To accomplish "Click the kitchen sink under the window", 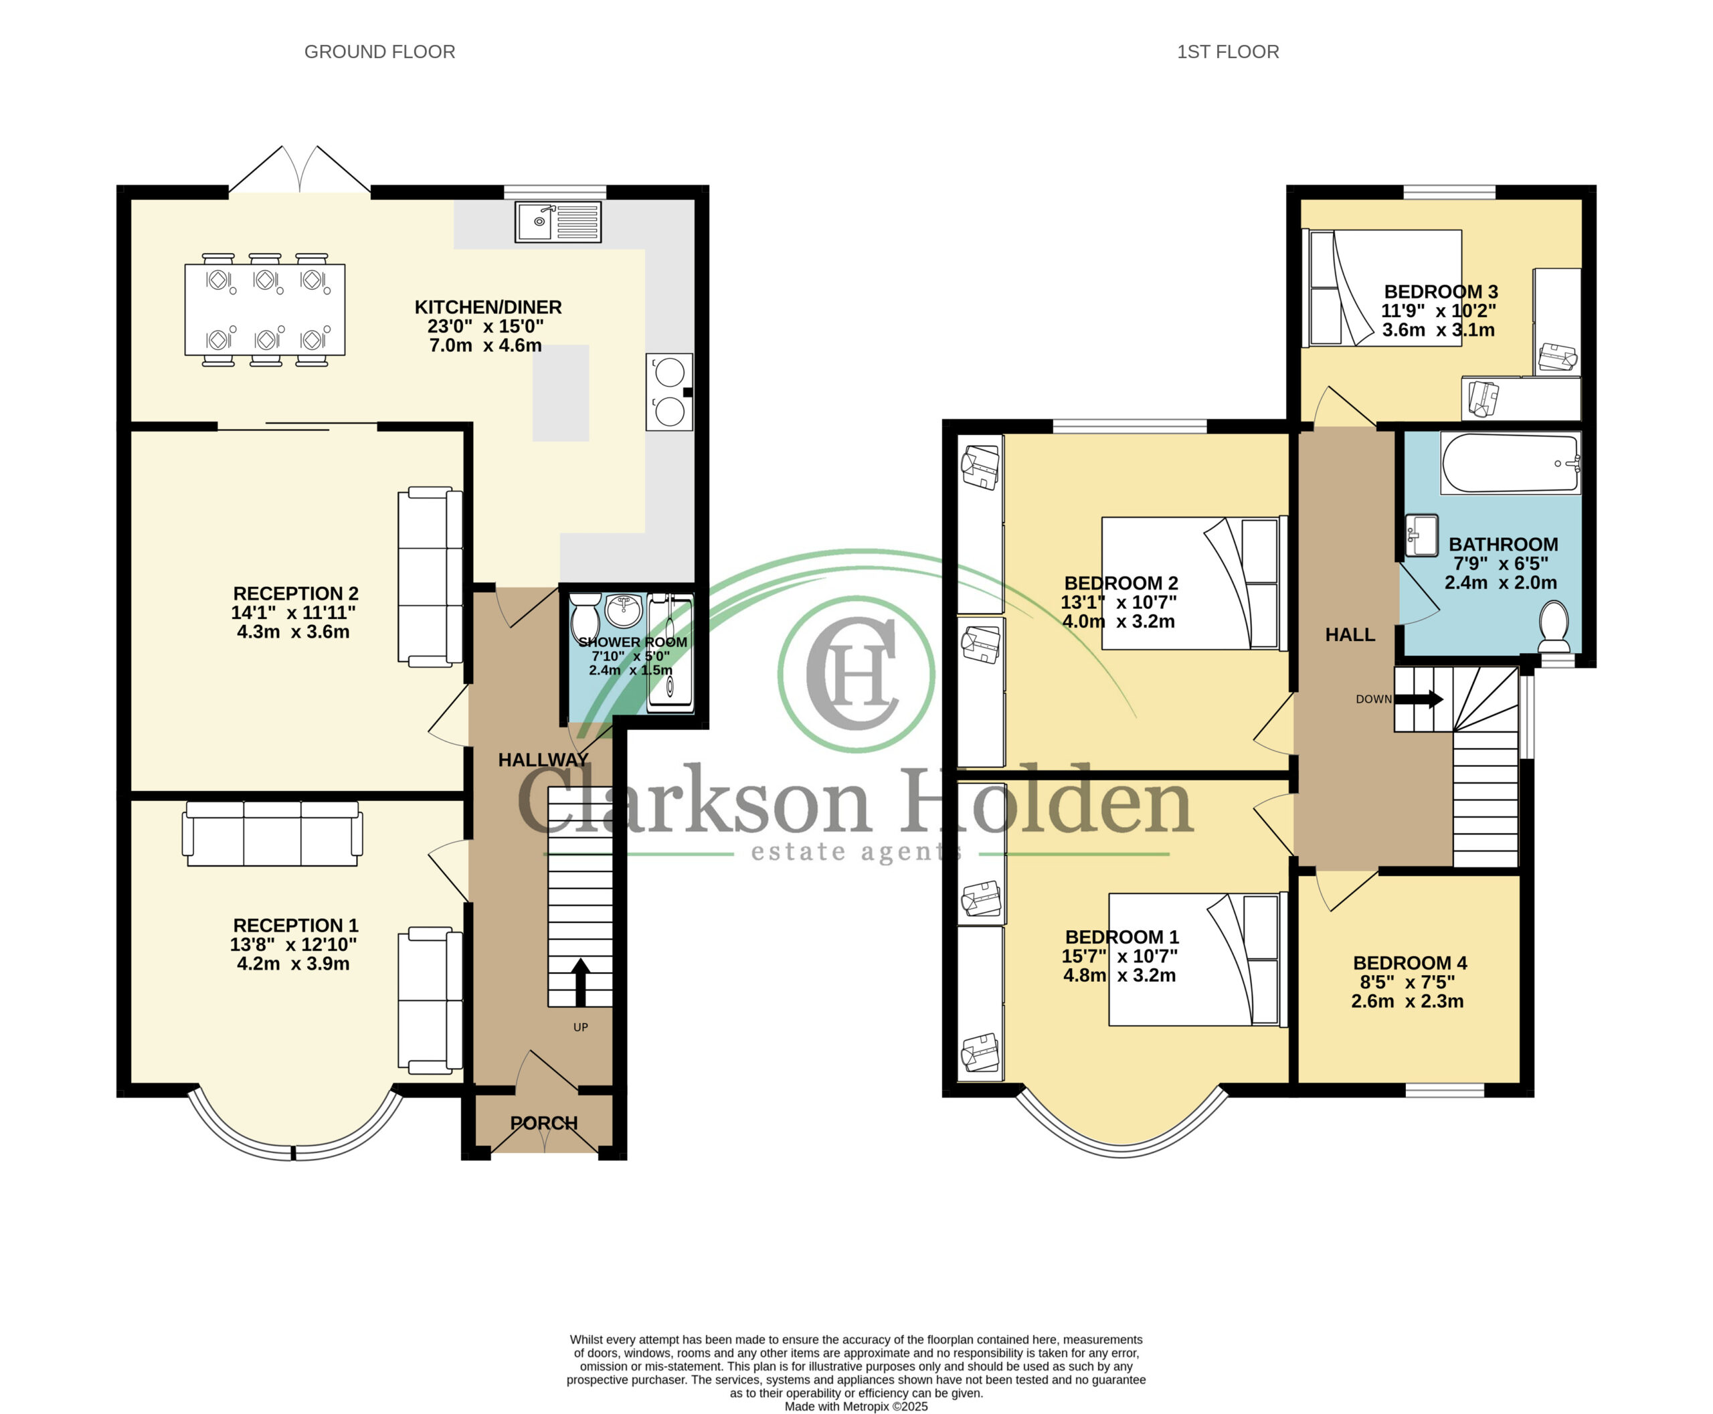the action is [x=558, y=222].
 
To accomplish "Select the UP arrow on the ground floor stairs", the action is [x=580, y=982].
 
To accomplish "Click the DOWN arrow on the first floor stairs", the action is [x=1419, y=699].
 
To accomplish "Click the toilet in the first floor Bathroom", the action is [x=1554, y=627].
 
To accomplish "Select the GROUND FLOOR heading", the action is [x=379, y=52].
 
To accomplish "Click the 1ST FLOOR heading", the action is [x=1227, y=52].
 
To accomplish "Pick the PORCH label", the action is [x=543, y=1122].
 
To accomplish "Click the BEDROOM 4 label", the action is [x=1410, y=963].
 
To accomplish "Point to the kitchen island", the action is [x=561, y=393].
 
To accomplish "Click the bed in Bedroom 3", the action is [x=1384, y=288].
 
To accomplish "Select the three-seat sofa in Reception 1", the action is [x=272, y=833].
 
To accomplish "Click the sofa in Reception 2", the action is [x=430, y=577].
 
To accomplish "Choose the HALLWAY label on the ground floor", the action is [x=543, y=760].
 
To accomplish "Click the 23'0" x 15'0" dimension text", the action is [x=486, y=326].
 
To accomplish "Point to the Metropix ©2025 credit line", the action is [x=856, y=1406].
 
